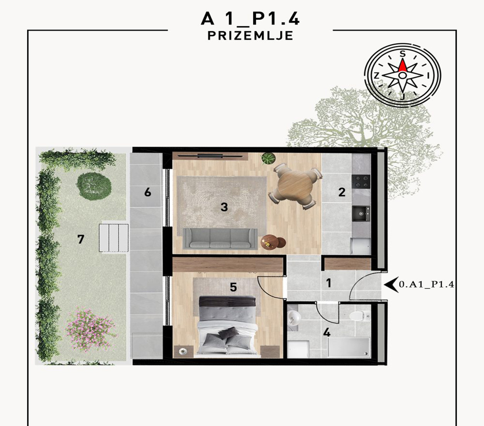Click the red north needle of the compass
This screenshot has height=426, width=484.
tap(403, 66)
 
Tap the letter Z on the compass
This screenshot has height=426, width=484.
tap(376, 76)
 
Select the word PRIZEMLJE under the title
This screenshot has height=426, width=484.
tap(250, 36)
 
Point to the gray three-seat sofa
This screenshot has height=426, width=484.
tap(220, 239)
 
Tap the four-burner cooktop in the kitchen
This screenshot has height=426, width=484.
tap(361, 181)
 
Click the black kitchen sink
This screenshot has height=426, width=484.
tap(361, 213)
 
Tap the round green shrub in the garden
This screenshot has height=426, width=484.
tap(94, 186)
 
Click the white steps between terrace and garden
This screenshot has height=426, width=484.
tap(114, 238)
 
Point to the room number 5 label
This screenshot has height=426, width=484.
tap(233, 287)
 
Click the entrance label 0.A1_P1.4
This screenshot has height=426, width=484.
tap(426, 285)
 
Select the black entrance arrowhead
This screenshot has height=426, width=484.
tap(391, 285)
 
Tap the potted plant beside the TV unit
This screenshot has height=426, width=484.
tap(268, 158)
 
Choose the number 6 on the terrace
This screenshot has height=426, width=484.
tap(148, 192)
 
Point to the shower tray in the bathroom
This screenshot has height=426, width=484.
tap(349, 347)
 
